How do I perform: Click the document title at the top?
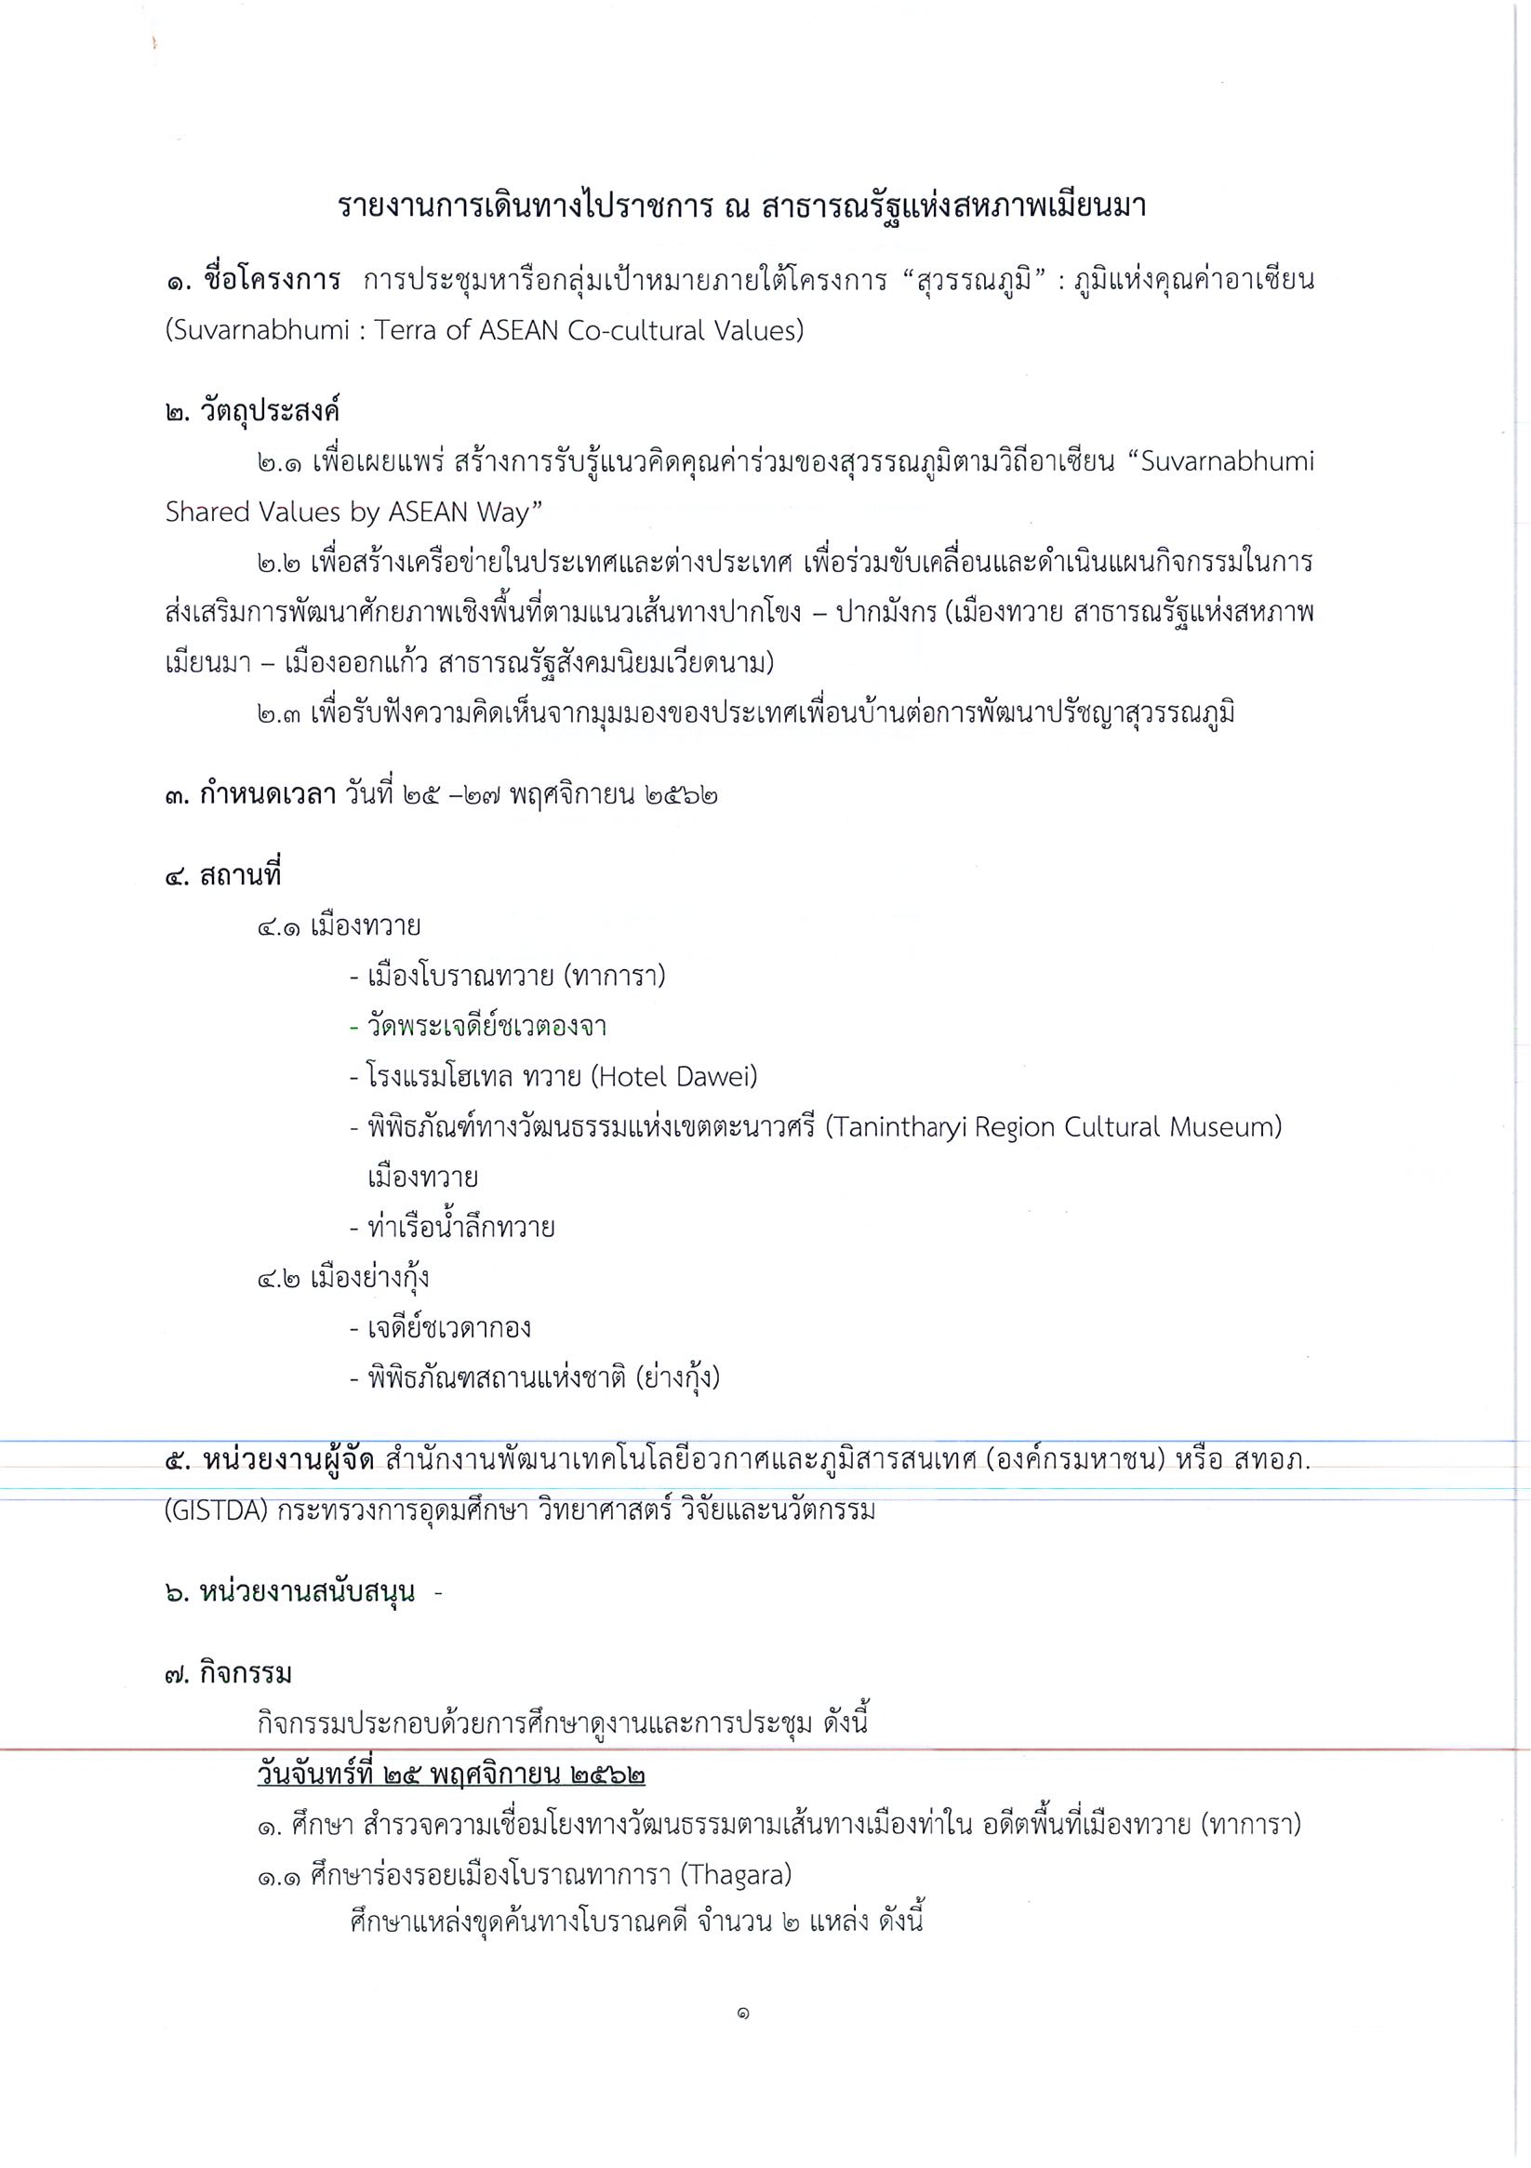[x=741, y=206]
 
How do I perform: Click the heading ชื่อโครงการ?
[x=270, y=281]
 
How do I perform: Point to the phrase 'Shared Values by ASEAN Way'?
[x=353, y=512]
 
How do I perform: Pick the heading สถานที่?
[x=240, y=875]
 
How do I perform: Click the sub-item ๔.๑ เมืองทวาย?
[x=339, y=925]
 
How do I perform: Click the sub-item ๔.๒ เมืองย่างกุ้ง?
[x=343, y=1278]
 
